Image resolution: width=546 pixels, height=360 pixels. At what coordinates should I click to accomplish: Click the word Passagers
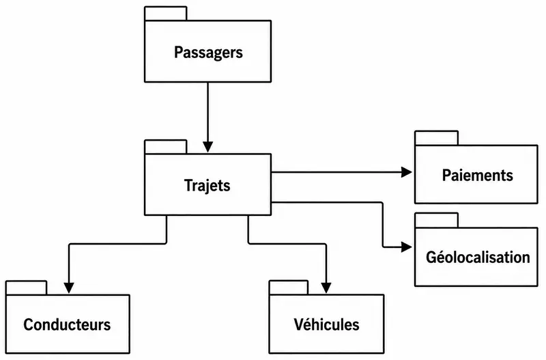coord(208,53)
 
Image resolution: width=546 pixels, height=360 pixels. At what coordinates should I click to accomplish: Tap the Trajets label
coord(207,185)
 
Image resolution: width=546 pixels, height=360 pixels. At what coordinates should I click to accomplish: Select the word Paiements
coord(477,175)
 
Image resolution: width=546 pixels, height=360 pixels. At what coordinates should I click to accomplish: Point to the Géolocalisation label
coord(478,258)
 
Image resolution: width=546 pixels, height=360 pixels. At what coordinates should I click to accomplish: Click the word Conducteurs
coord(67,324)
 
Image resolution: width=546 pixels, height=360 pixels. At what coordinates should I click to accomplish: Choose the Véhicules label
coord(327,324)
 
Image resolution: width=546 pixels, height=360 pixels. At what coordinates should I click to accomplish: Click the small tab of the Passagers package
coord(166,14)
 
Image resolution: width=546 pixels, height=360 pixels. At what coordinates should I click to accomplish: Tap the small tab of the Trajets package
coord(166,147)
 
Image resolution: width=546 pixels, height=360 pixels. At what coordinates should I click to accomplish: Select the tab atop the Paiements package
coord(436,138)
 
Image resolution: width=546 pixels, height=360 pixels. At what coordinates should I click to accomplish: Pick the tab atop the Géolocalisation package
coord(436,220)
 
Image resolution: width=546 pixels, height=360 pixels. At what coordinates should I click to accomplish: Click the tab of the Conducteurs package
coord(27,288)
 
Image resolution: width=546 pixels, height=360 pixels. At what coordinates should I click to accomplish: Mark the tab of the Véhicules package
coord(289,288)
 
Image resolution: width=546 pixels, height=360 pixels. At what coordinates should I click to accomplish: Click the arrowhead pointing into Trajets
coord(208,147)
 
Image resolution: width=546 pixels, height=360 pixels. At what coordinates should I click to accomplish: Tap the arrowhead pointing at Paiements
coord(407,172)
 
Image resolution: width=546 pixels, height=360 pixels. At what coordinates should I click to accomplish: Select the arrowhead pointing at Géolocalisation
coord(407,247)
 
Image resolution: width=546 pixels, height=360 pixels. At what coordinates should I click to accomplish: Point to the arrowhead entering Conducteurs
coord(69,288)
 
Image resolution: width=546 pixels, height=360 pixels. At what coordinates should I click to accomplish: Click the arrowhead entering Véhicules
coord(326,288)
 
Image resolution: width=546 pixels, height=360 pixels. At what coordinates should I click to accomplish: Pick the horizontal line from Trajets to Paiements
coord(336,172)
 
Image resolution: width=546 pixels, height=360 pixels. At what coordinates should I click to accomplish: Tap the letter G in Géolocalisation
coord(431,258)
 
